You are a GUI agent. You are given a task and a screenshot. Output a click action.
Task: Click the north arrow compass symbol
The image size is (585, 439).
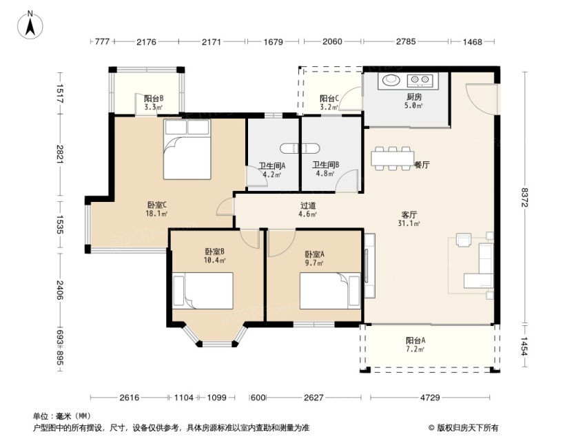30,25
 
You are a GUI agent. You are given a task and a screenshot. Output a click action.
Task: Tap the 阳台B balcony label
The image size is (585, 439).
154,99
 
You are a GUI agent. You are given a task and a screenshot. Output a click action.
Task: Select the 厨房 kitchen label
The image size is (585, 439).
414,97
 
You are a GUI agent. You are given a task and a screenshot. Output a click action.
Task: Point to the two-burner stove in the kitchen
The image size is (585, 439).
420,79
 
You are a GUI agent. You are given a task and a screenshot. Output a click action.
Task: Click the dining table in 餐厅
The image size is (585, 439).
393,159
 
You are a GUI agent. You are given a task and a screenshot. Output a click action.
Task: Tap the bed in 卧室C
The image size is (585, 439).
187,150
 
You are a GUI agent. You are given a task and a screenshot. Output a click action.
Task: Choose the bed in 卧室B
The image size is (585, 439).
203,290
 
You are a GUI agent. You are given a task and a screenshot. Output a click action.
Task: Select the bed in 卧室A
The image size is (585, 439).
330,291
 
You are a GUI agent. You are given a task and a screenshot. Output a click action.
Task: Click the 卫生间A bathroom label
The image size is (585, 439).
272,165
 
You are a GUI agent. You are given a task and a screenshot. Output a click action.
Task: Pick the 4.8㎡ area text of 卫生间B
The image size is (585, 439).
325,173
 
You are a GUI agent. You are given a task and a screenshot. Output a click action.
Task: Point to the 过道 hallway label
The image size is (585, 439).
308,205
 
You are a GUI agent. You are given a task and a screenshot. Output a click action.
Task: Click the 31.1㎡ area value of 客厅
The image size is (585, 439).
409,223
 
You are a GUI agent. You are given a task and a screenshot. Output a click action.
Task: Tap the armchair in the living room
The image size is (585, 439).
463,240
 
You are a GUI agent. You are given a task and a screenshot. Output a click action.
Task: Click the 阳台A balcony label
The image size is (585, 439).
415,340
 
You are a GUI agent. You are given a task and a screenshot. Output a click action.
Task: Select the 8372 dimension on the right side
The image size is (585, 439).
525,197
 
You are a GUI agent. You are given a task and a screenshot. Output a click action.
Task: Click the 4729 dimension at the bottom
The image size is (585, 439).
430,398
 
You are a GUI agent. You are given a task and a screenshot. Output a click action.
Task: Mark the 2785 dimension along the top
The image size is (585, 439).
406,41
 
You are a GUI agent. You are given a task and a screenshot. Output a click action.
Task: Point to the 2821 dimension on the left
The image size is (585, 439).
60,154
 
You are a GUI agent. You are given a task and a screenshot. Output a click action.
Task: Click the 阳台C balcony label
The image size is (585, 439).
329,99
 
